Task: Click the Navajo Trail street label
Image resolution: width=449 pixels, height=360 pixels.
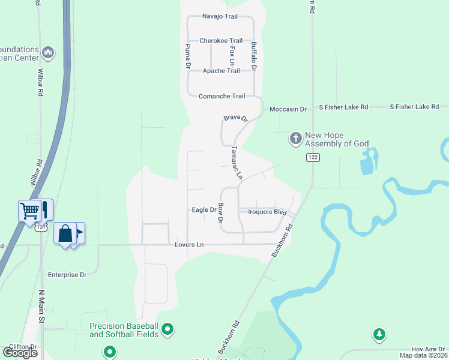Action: pos(220,16)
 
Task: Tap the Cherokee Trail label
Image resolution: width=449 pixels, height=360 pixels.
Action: pos(221,41)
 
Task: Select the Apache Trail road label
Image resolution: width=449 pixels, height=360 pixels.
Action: pos(221,71)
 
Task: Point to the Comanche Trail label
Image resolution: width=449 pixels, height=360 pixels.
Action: pos(222,96)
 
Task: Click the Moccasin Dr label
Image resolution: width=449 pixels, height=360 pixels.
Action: pos(288,109)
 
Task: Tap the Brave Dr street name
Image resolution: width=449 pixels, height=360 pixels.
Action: pos(236,119)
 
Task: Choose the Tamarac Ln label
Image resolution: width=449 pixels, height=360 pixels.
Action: pos(237,163)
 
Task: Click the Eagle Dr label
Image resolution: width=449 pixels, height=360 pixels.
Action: pos(204,210)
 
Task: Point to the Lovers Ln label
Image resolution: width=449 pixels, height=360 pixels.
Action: pos(189,245)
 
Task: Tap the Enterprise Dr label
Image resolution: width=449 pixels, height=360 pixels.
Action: pos(67,274)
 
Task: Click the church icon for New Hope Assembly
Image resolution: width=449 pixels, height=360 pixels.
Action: pos(295,139)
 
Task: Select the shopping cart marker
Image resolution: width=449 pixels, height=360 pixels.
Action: pos(29,210)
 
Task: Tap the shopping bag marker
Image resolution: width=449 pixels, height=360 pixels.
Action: pos(65,233)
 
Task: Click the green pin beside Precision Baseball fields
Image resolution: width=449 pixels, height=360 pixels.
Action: pos(168,329)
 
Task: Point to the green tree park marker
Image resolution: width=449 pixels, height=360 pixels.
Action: pos(379,334)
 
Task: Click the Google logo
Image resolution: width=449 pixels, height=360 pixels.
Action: pos(20,353)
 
